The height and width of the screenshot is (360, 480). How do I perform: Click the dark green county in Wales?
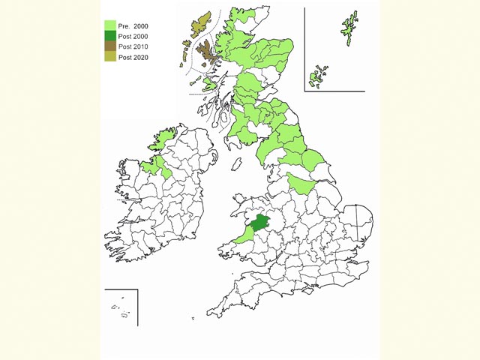point(260,223)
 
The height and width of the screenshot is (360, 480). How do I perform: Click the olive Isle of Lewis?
point(199,26)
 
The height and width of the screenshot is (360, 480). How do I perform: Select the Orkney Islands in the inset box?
point(316,76)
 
